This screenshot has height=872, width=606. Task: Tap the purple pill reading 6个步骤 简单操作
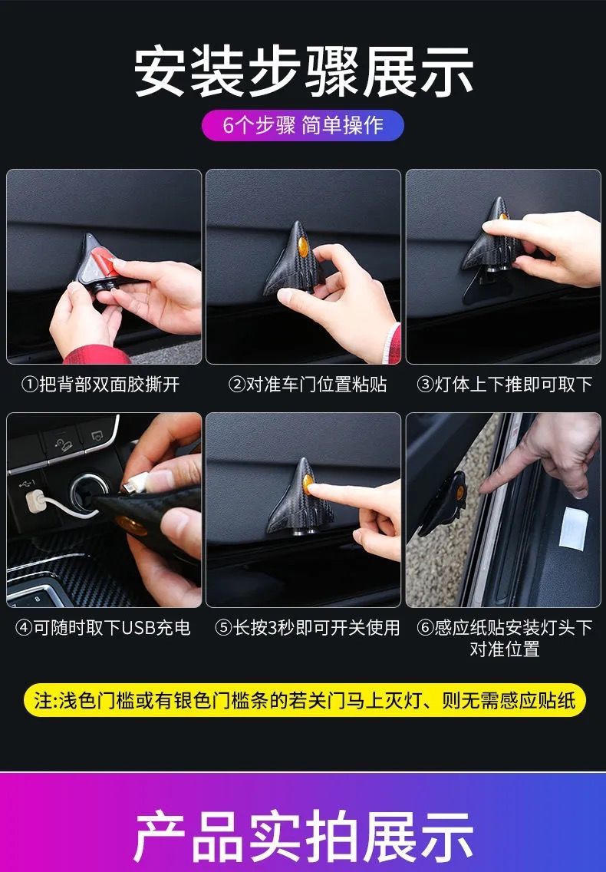[x=303, y=125]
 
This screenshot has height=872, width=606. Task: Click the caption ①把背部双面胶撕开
[x=100, y=384]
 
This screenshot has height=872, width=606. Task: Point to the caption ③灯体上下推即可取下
[x=504, y=384]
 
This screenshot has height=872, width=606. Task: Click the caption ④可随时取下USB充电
[x=103, y=627]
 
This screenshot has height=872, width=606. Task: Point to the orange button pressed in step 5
[x=310, y=485]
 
